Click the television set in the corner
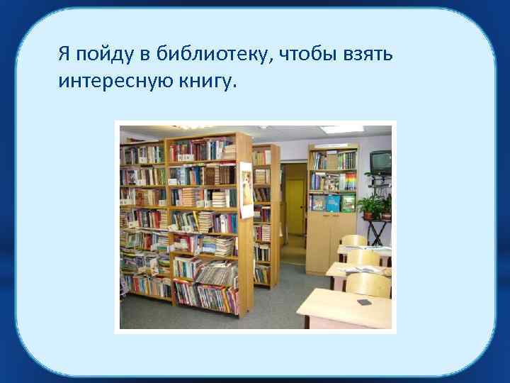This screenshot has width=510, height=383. pyautogui.click(x=380, y=162)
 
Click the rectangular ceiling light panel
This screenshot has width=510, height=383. pyautogui.click(x=341, y=129)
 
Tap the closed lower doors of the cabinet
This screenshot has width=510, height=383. pyautogui.click(x=331, y=239)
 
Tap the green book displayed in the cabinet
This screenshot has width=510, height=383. pyautogui.click(x=348, y=204)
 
